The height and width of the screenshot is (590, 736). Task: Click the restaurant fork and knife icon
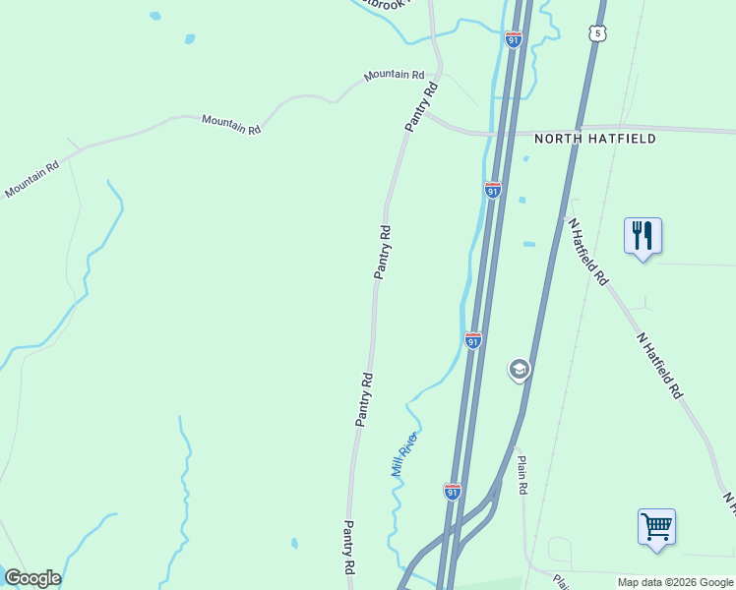(643, 236)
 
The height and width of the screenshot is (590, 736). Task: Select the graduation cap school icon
(519, 370)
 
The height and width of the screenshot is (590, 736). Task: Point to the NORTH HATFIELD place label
(594, 139)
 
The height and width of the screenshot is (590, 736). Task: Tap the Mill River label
(404, 454)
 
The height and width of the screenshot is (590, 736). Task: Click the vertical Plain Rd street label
(522, 474)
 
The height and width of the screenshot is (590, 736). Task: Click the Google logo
(32, 578)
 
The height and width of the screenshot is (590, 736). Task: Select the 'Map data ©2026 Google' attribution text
(675, 582)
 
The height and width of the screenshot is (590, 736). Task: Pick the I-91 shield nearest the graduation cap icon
(473, 340)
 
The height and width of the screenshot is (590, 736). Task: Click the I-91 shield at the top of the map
(513, 39)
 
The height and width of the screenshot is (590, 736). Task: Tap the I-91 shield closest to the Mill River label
(452, 492)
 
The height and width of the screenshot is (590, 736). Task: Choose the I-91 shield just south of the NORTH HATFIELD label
(493, 190)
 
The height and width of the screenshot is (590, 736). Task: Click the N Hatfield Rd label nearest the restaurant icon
(587, 252)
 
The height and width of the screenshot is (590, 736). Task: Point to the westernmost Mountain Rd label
(31, 179)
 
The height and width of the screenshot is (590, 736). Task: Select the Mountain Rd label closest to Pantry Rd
(393, 75)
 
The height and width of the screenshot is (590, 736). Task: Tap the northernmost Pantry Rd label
(421, 108)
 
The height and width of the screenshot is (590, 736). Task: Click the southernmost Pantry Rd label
(348, 548)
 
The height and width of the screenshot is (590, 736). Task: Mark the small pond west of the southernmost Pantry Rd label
(294, 543)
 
